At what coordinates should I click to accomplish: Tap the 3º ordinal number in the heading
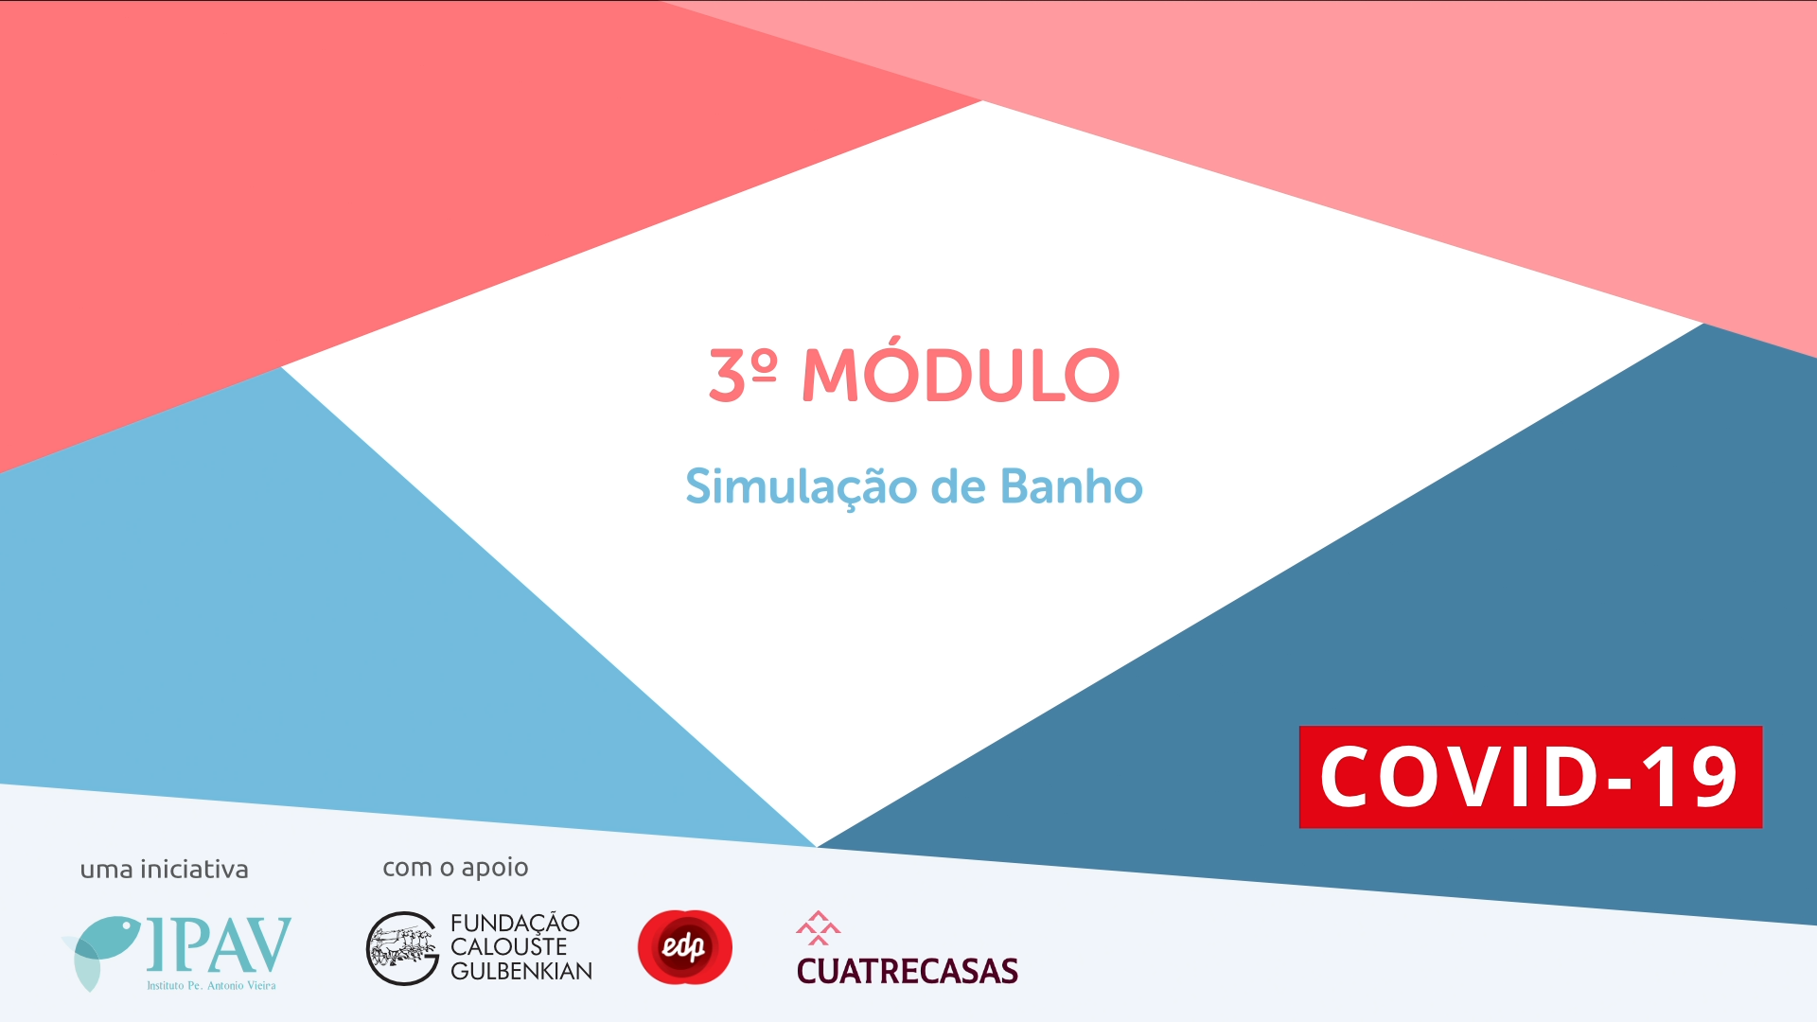743,375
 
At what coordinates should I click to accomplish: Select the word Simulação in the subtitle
802,488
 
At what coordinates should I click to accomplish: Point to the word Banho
1071,486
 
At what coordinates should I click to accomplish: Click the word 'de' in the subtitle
959,486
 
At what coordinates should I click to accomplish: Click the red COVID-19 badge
1530,777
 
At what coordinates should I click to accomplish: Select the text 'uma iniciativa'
164,869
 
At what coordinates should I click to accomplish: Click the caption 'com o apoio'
455,868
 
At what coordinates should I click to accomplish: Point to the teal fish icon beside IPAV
102,950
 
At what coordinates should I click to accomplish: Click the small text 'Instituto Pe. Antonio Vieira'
211,985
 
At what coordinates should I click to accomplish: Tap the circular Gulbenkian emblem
403,948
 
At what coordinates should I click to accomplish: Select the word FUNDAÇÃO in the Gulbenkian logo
515,923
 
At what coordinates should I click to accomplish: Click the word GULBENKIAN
521,971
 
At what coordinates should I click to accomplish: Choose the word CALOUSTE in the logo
509,946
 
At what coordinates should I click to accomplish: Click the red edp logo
685,946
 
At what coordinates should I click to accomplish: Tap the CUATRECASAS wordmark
908,971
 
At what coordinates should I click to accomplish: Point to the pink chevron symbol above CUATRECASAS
819,927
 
